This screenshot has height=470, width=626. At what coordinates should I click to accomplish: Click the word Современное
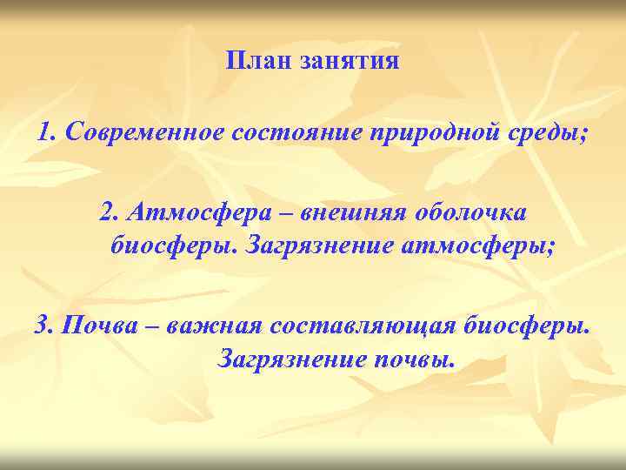[145, 132]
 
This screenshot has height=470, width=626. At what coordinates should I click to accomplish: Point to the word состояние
[297, 132]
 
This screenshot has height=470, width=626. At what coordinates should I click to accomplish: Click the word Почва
[96, 326]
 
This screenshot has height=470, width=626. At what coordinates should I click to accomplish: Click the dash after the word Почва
[150, 326]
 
